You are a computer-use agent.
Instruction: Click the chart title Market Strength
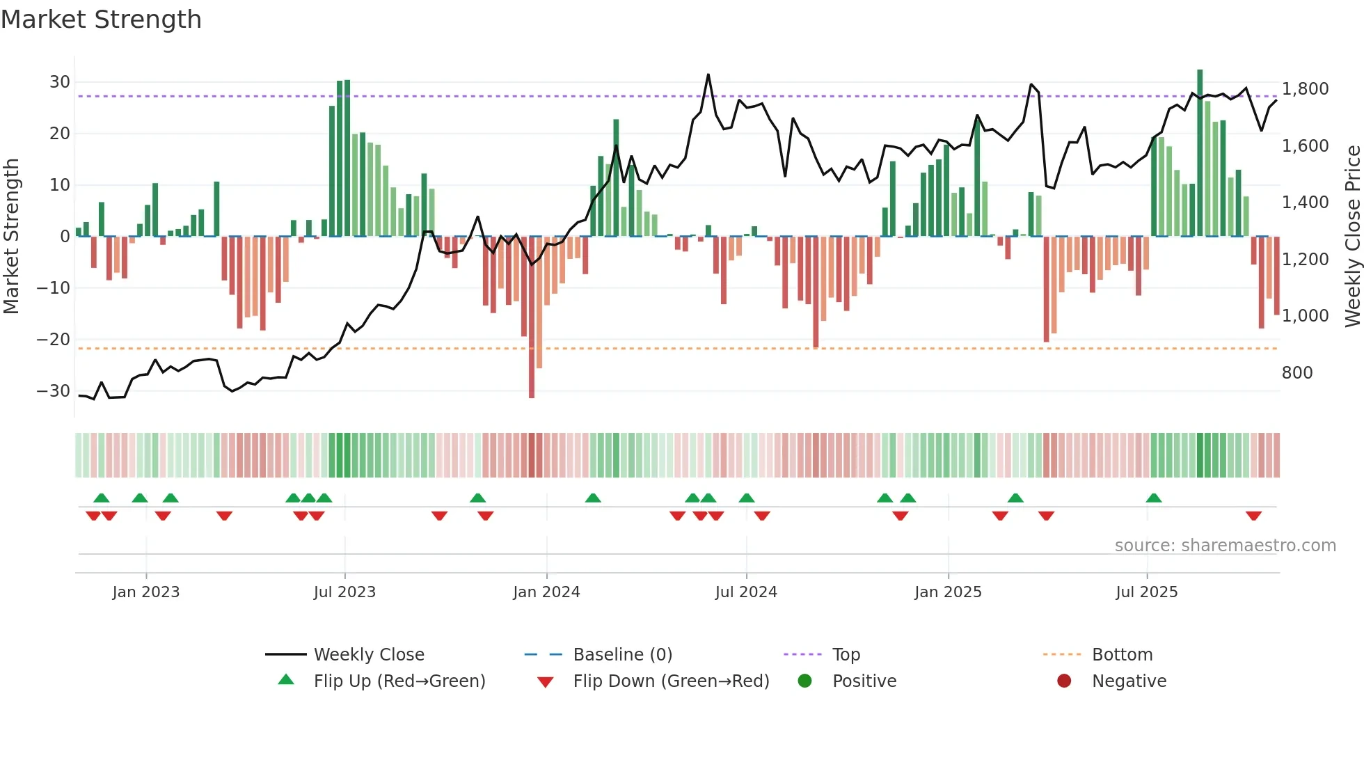[101, 19]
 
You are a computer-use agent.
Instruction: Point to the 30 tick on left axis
[60, 82]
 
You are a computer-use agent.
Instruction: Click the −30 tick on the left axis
[54, 391]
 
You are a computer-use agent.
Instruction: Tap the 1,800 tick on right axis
[1305, 89]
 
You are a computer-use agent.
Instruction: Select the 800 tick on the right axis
[1296, 373]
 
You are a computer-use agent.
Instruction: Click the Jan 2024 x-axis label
[546, 592]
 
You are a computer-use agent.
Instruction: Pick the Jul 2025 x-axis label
[1146, 592]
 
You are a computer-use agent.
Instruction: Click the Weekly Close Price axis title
[1352, 237]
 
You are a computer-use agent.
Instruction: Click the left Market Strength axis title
[11, 237]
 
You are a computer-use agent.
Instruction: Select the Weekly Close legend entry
[368, 655]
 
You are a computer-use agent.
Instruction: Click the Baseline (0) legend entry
[622, 655]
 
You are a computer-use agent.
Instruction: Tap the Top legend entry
[846, 655]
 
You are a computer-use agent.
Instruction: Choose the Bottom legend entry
[1122, 655]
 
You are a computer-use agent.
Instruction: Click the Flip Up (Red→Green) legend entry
[399, 681]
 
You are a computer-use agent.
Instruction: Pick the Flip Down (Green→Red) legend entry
[671, 681]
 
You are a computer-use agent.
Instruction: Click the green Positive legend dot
[804, 681]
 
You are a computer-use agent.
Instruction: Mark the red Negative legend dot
[1064, 681]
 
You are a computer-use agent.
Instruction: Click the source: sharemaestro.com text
[1225, 546]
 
